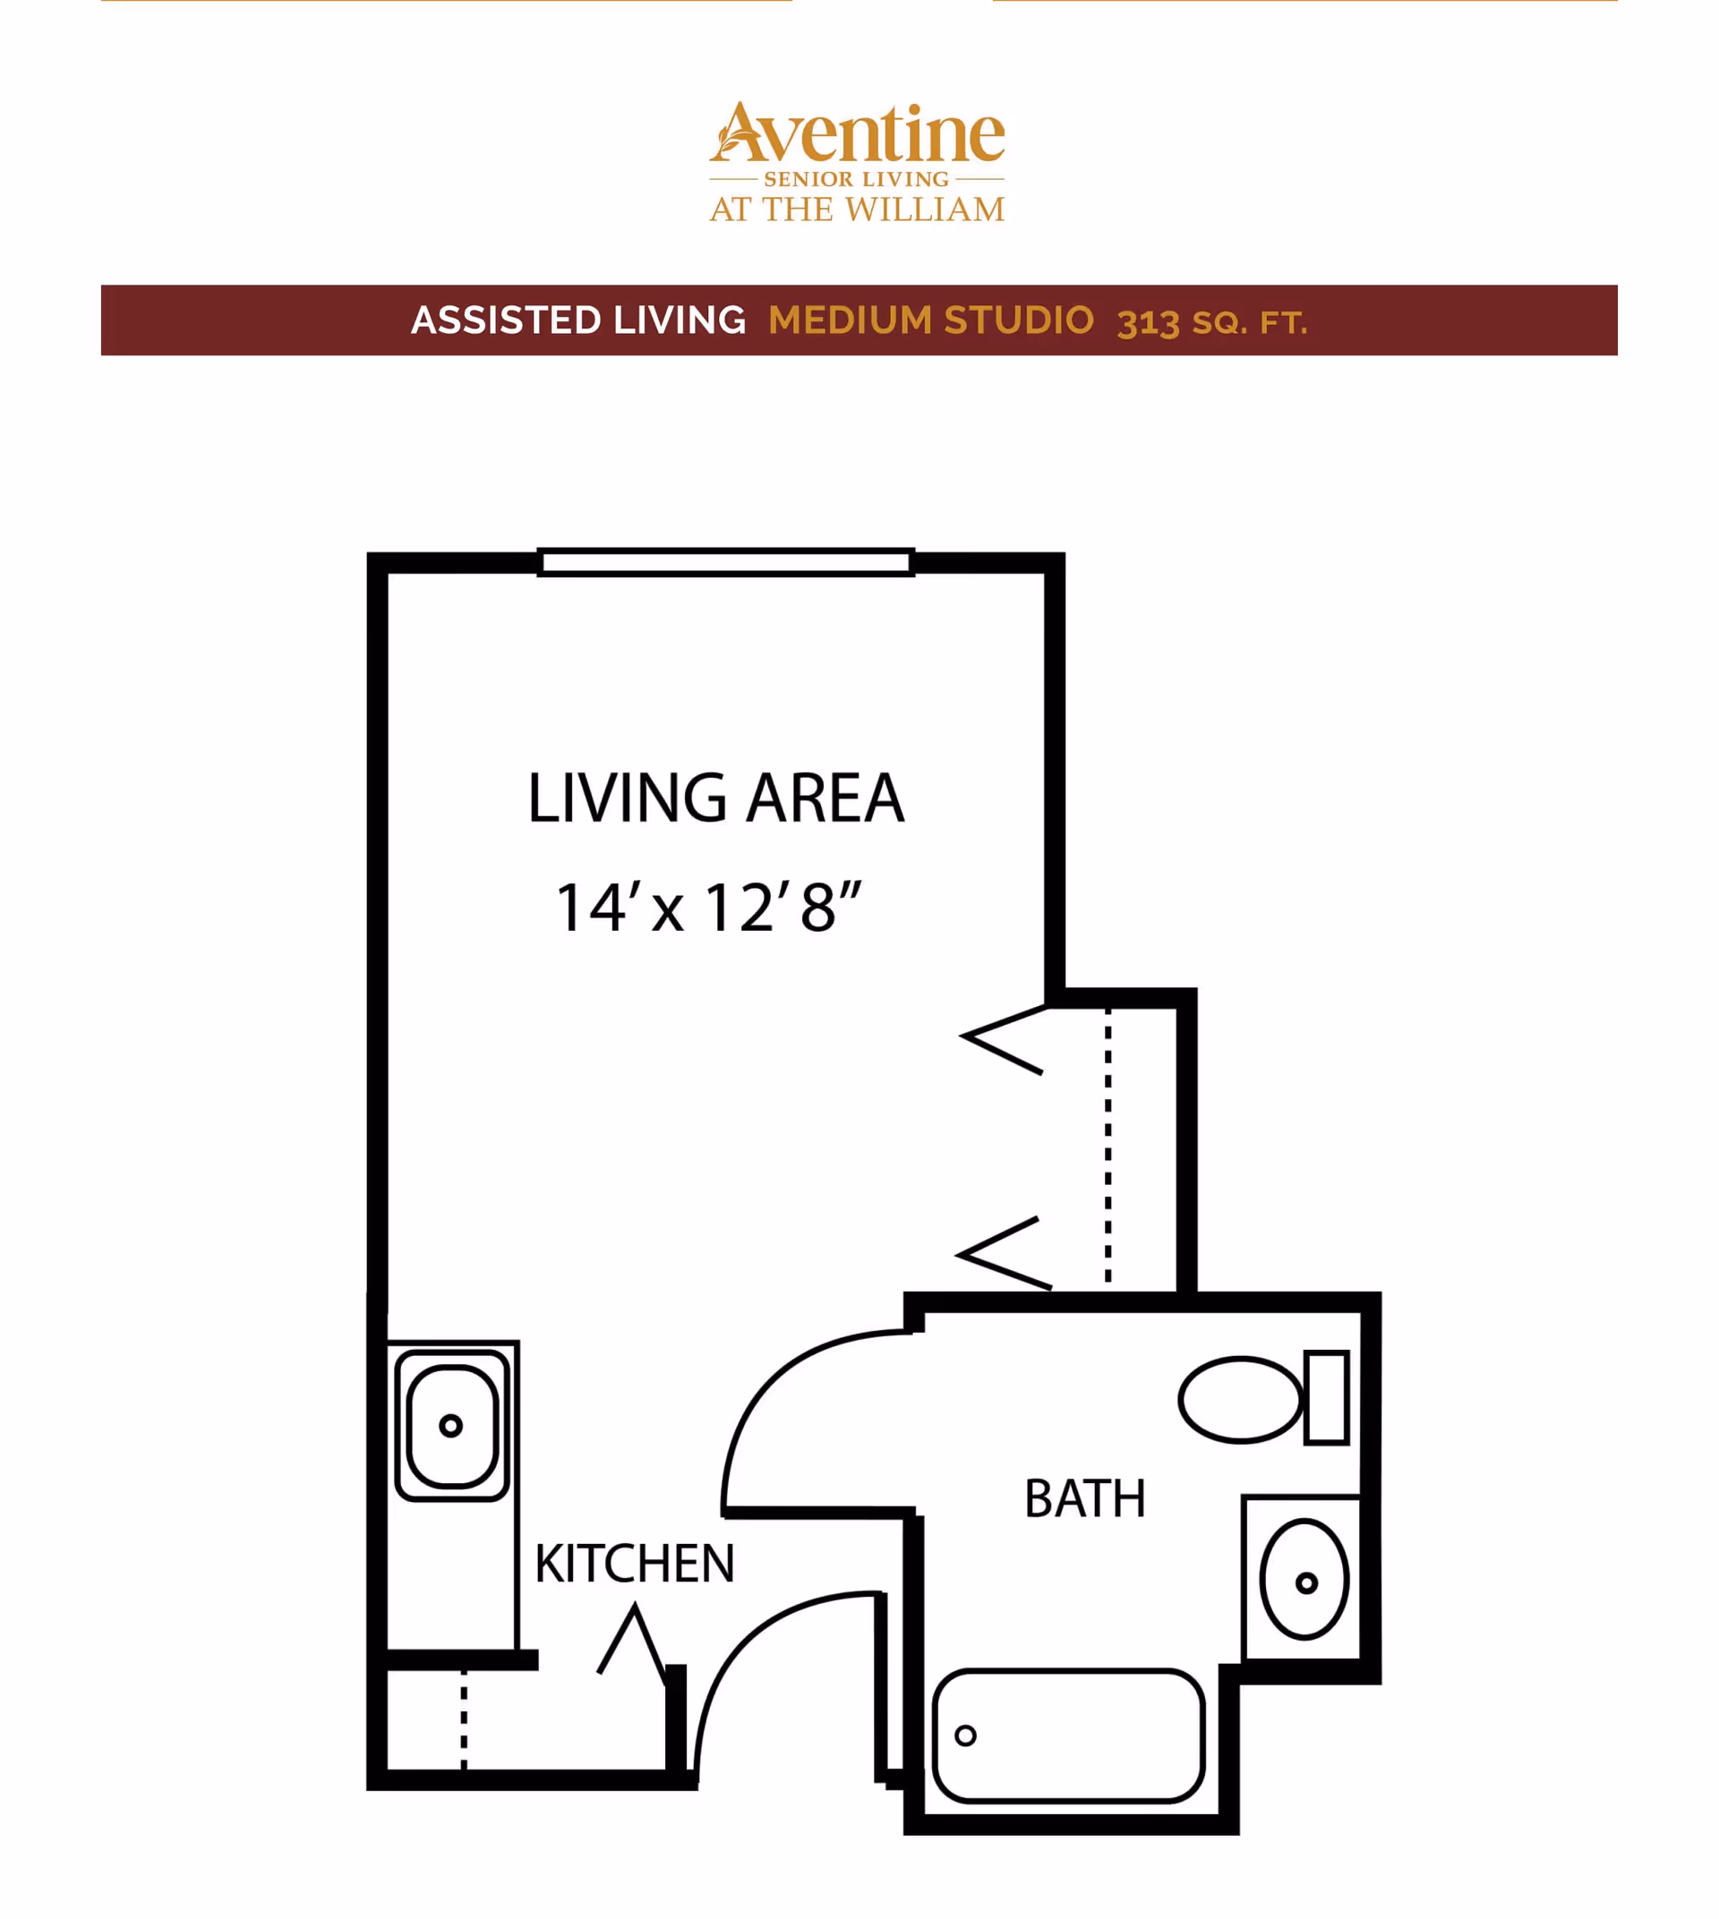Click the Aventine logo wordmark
click(x=857, y=133)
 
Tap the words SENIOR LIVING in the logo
click(x=857, y=178)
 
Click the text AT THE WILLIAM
click(x=857, y=209)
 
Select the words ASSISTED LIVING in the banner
click(x=579, y=320)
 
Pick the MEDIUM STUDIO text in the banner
click(x=931, y=320)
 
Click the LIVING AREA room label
click(x=716, y=798)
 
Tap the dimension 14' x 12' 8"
click(x=708, y=908)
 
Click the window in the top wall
click(x=725, y=562)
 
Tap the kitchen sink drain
click(x=450, y=1425)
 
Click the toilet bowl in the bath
click(x=1240, y=1400)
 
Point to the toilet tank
click(x=1326, y=1398)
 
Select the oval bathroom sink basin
click(x=1304, y=1579)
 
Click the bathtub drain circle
click(x=965, y=1735)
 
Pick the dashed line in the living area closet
click(x=1108, y=1147)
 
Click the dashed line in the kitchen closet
click(x=464, y=1719)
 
